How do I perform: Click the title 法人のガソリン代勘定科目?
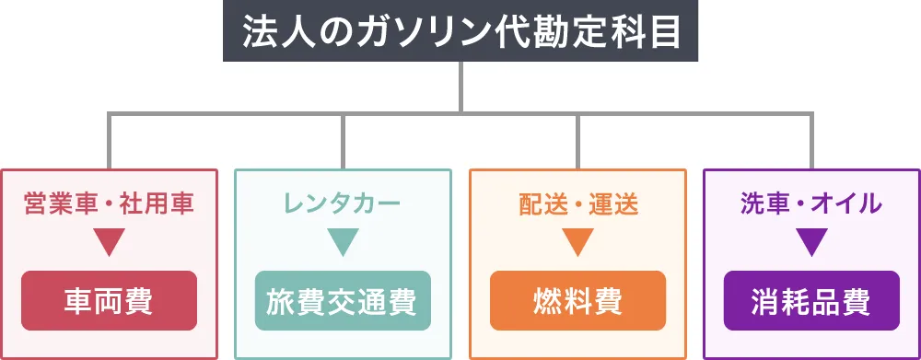point(460,31)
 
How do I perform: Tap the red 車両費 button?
point(109,300)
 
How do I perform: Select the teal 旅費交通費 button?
point(343,300)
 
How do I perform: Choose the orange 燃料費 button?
point(577,300)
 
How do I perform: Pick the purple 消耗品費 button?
point(811,300)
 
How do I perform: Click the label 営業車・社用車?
point(109,203)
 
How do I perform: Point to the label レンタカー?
point(343,203)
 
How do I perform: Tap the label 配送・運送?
point(577,203)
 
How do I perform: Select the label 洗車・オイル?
point(811,203)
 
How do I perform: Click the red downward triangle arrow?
point(109,241)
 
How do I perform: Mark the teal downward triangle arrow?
point(343,241)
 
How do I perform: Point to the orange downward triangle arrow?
point(577,241)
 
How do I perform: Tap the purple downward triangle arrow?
point(811,241)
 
